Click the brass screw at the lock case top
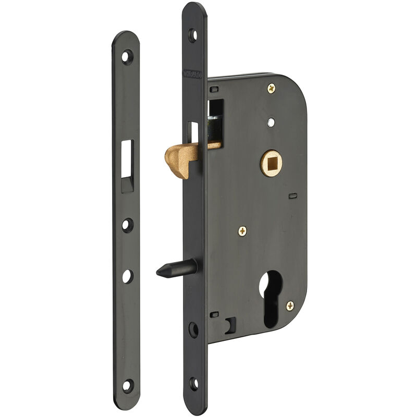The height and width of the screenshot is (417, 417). pos(272,88)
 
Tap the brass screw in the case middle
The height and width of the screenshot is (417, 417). pos(242,230)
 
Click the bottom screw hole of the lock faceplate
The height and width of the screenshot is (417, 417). pos(194,385)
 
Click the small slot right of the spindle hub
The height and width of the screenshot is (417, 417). pos(292,196)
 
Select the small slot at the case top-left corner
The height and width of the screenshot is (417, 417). pos(214,90)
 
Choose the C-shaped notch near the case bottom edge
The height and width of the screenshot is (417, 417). pos(229,326)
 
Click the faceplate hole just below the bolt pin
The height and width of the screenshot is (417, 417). pos(193,329)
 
